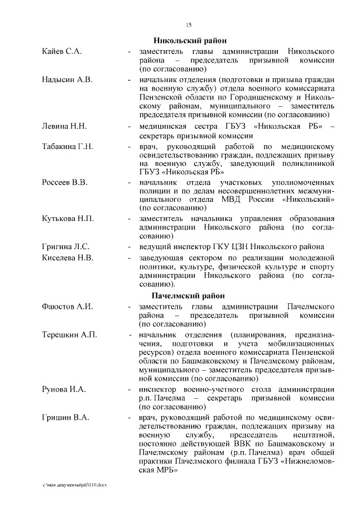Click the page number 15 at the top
[189, 24]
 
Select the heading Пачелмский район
[189, 296]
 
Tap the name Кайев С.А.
[62, 51]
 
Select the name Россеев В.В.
[65, 183]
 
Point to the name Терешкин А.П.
[69, 335]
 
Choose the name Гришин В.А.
[65, 417]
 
